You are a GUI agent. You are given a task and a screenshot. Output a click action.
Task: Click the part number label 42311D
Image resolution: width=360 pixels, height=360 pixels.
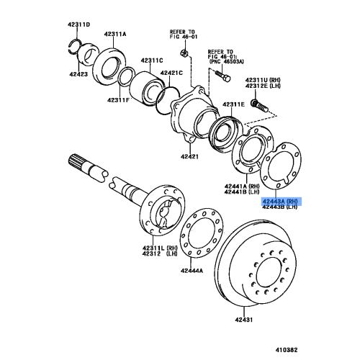79,24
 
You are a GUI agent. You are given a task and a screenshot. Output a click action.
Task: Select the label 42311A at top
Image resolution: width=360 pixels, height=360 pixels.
114,34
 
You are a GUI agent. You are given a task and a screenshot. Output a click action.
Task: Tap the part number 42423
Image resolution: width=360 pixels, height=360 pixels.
79,73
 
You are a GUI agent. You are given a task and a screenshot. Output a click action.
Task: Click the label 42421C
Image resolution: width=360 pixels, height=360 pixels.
171,73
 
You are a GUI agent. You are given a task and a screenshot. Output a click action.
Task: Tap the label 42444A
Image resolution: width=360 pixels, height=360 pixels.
192,270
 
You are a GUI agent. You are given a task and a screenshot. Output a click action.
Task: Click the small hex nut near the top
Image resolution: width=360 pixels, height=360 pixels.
184,54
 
